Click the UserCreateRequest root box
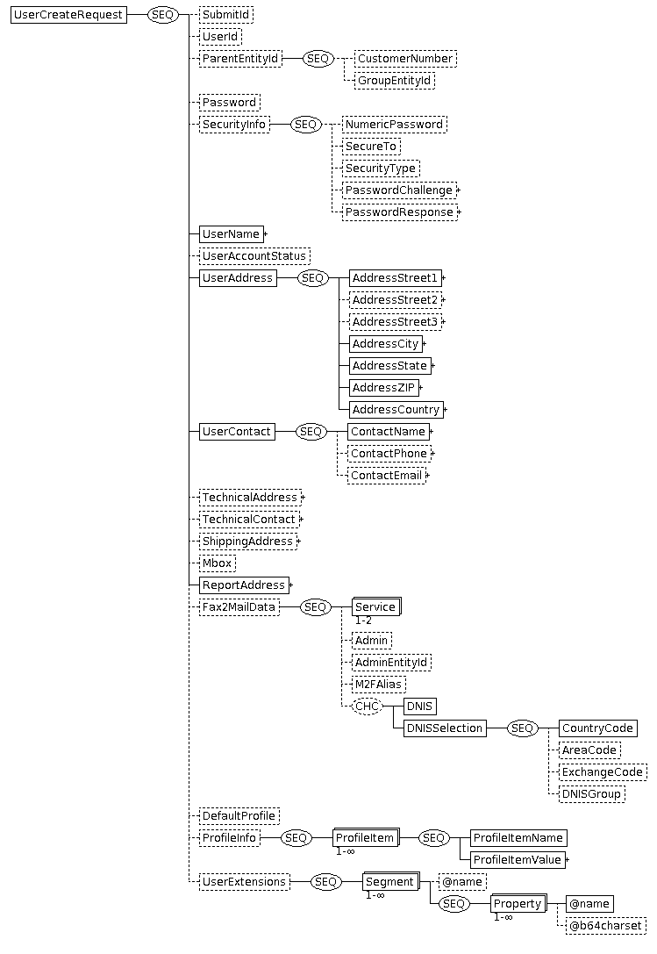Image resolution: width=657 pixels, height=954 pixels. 68,15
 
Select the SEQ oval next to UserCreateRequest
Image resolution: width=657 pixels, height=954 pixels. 163,15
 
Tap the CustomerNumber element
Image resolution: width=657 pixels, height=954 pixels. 405,59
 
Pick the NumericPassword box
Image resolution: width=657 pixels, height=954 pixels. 394,124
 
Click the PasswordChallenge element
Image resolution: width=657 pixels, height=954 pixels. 399,190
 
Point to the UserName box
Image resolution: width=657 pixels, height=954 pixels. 232,233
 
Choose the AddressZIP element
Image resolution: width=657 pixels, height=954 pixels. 384,388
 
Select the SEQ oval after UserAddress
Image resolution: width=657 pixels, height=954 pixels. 312,278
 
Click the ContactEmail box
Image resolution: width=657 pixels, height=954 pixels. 386,475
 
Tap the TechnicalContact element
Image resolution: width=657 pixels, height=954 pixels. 249,519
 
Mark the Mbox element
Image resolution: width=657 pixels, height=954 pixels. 218,563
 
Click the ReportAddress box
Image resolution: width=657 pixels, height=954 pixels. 244,585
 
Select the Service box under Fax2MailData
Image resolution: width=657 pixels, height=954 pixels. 376,606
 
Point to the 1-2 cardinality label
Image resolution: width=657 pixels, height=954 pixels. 363,620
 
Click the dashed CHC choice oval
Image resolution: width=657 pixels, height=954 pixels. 368,706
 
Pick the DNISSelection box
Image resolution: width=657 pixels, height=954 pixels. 445,728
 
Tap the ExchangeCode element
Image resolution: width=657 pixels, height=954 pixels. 603,772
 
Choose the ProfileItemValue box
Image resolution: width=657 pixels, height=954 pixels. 518,860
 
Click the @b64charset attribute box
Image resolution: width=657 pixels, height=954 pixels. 605,925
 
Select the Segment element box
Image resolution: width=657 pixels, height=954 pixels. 391,882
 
